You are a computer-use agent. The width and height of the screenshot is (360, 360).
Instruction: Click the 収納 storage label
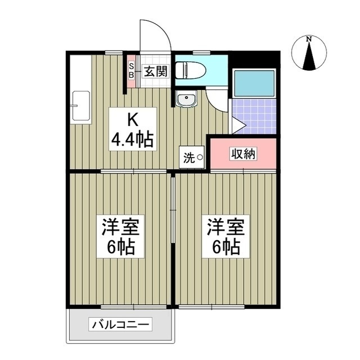click(243, 154)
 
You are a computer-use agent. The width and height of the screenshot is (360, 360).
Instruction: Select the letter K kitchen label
click(132, 120)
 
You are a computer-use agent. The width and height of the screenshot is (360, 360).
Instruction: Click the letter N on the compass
click(308, 39)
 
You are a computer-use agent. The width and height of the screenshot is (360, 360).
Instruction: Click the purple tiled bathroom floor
click(256, 115)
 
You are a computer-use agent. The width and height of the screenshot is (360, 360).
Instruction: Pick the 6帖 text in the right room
click(226, 246)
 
